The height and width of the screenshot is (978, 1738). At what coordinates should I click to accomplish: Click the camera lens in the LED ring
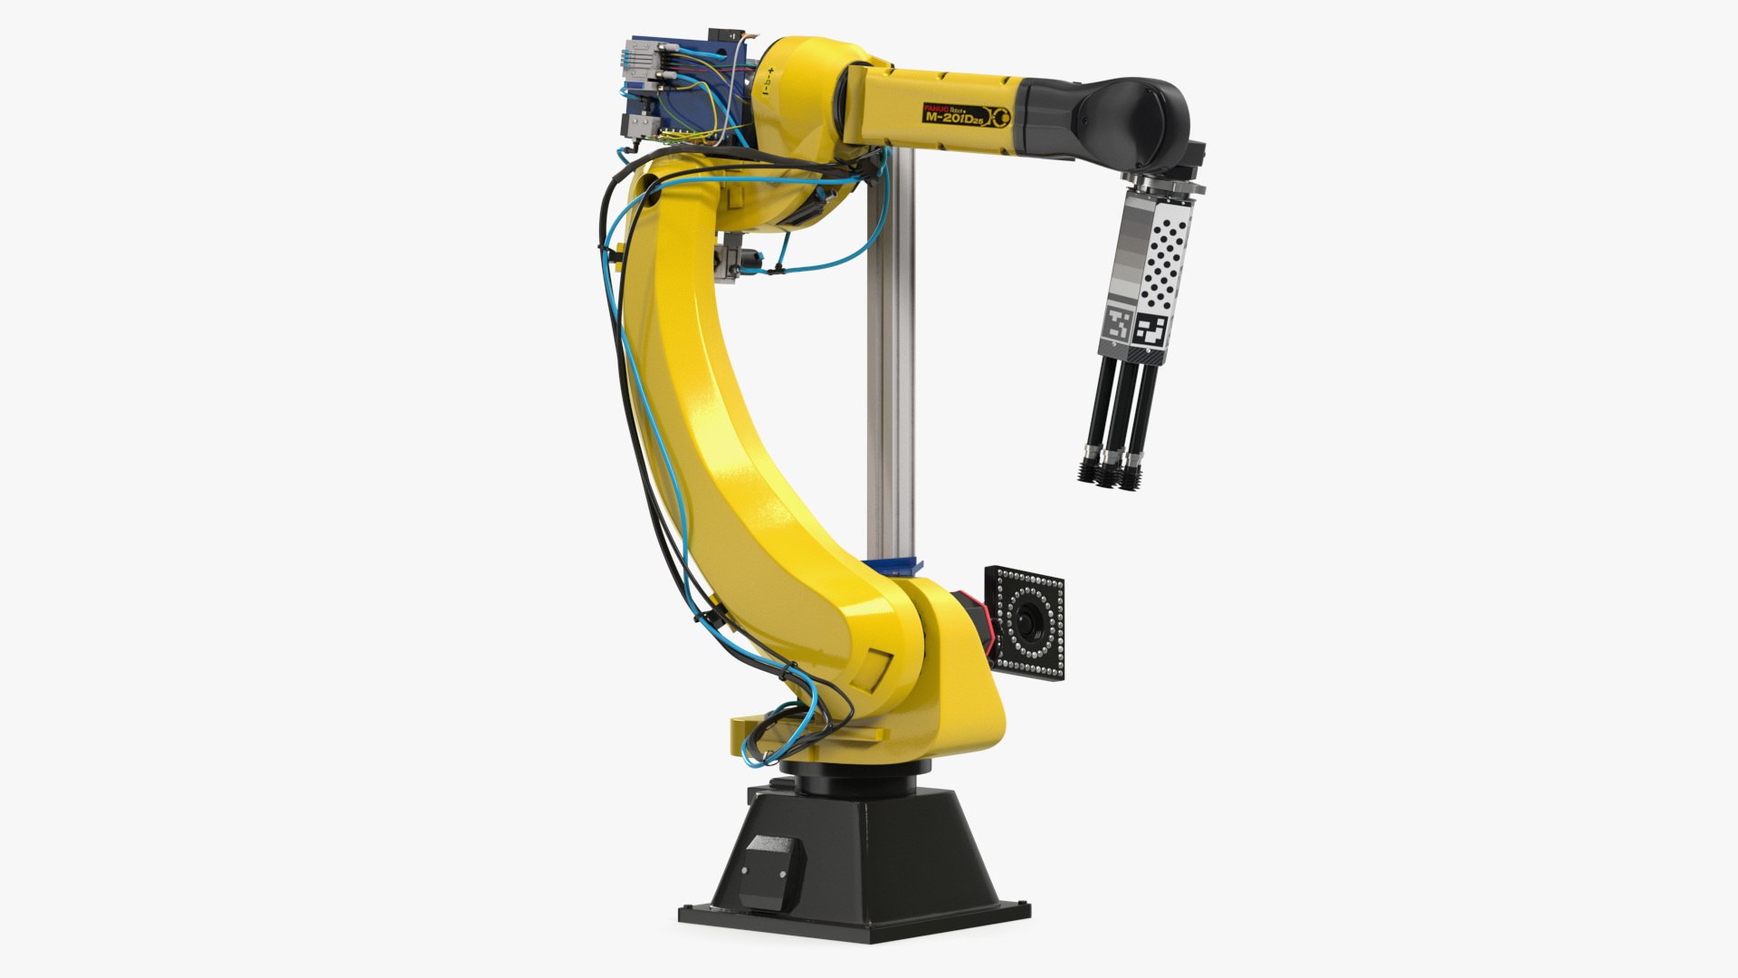1029,620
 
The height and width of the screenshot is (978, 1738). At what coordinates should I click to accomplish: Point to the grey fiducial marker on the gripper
1119,324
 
